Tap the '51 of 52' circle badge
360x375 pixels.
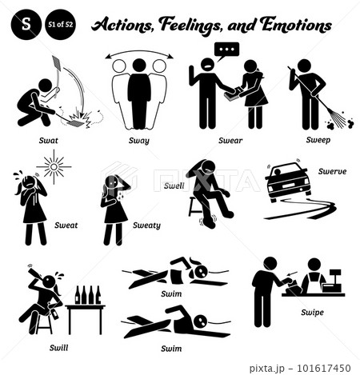click(60, 25)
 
